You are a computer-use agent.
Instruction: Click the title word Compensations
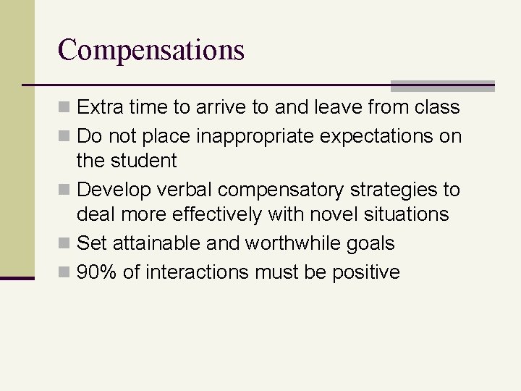pyautogui.click(x=151, y=50)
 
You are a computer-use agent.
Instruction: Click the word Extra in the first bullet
pyautogui.click(x=99, y=107)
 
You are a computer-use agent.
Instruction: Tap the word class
pyautogui.click(x=438, y=107)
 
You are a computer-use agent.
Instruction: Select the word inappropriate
pyautogui.click(x=234, y=136)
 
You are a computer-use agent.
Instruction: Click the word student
pyautogui.click(x=145, y=160)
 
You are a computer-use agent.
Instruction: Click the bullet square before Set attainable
pyautogui.click(x=65, y=244)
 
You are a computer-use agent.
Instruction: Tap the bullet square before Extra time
pyautogui.click(x=65, y=108)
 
